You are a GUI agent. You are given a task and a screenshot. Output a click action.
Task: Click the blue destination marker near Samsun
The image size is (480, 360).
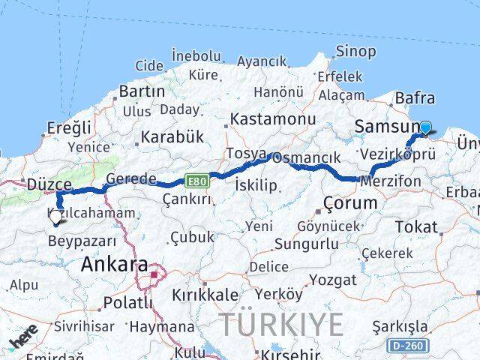426,127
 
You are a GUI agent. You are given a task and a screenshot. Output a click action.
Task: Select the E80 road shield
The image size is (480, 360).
197,181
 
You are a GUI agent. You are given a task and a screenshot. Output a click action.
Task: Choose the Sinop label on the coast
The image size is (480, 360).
355,51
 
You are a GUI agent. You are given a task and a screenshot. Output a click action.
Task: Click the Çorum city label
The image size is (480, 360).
350,202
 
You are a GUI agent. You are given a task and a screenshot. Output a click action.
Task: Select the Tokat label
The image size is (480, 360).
416,226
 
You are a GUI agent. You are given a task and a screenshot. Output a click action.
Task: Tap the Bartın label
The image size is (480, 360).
142,91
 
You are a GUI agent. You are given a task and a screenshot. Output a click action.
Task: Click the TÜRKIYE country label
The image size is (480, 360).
282,324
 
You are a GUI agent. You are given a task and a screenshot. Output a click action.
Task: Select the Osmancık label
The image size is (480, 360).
307,158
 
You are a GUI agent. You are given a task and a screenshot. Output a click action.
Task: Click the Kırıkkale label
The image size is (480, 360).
205,295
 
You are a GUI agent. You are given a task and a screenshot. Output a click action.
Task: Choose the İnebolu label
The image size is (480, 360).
196,55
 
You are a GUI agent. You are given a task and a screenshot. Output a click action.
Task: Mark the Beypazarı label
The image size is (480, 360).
82,241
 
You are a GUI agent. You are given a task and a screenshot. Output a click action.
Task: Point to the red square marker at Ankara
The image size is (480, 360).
154,274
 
